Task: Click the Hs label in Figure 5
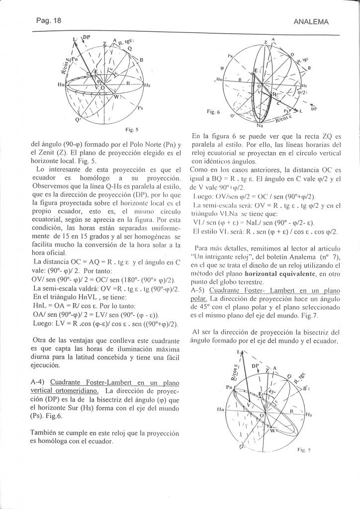(x=147, y=85)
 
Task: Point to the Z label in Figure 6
(x=267, y=43)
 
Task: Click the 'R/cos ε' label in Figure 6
(x=285, y=119)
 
